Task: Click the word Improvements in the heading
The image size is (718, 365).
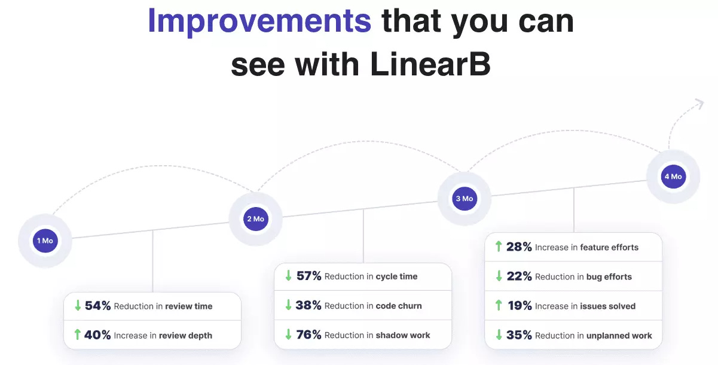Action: click(x=259, y=21)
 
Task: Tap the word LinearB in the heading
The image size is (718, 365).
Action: click(x=430, y=65)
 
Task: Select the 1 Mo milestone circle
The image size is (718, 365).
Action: click(x=45, y=241)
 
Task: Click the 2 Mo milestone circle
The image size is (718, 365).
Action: click(x=255, y=219)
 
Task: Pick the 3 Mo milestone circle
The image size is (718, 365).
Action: click(x=465, y=199)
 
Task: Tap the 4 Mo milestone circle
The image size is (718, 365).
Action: click(x=673, y=177)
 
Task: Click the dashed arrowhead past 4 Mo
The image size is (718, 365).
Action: click(x=697, y=106)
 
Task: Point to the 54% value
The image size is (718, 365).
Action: click(x=98, y=306)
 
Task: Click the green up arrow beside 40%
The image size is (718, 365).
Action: click(x=77, y=335)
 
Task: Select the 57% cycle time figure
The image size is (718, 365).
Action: click(x=309, y=276)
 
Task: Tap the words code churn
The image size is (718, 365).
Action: click(x=399, y=306)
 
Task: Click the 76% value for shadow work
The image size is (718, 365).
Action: click(x=309, y=335)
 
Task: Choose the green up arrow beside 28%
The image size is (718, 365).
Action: click(x=499, y=247)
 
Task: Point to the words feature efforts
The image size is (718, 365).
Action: click(x=609, y=247)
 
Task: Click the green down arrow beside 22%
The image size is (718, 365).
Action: click(x=499, y=276)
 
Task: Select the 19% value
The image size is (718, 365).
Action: click(x=520, y=306)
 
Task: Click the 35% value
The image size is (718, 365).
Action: click(x=519, y=335)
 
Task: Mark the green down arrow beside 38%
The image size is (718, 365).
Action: click(x=288, y=305)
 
